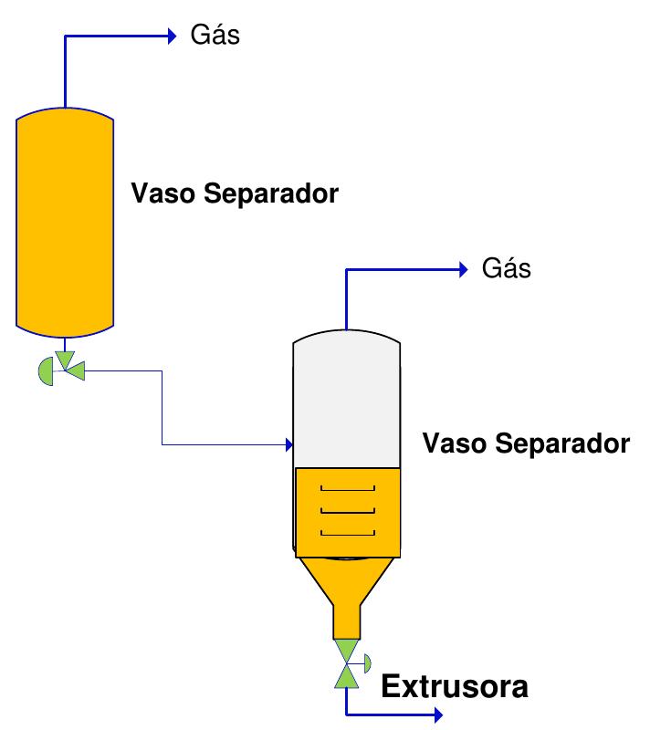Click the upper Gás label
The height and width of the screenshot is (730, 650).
pos(215,36)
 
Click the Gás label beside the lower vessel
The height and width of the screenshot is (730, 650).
pos(506,269)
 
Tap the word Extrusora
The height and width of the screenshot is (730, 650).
pos(454,686)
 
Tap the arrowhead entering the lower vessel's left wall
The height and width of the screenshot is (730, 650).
pos(288,445)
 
